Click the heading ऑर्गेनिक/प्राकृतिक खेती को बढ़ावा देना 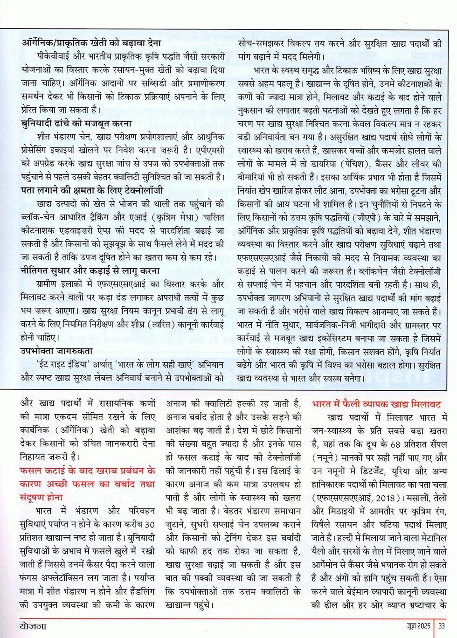91,43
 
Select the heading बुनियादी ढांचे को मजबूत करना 76,124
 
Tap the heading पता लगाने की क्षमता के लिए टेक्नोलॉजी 92,190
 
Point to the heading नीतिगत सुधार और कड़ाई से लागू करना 90,270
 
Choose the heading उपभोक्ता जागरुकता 56,351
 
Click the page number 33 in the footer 441,626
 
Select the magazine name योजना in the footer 33,626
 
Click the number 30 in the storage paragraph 149,524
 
